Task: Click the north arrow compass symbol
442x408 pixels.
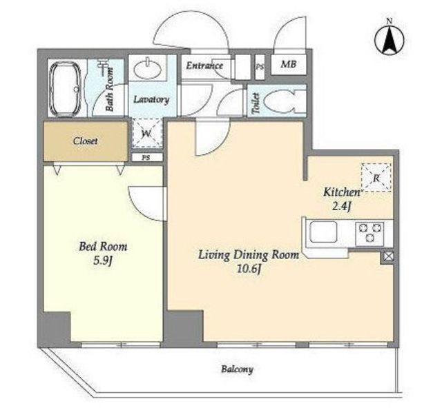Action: (390, 40)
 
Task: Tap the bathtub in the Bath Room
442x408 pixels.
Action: (65, 89)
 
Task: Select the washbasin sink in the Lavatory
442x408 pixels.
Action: (147, 68)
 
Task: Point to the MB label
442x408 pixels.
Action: (289, 64)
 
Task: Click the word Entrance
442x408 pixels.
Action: (204, 65)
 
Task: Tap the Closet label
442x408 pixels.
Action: (86, 141)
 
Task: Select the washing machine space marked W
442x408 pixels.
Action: (147, 133)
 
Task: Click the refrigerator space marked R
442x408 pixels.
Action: (376, 178)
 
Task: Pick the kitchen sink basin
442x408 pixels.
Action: (323, 232)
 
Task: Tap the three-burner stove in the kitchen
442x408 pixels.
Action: (369, 232)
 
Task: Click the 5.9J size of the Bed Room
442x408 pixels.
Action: (103, 261)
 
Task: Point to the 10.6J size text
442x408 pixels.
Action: (248, 269)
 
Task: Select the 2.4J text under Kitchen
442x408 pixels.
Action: (341, 207)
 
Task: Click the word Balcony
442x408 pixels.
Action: (237, 369)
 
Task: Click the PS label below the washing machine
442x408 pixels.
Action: (146, 158)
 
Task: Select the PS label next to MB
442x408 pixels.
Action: (260, 68)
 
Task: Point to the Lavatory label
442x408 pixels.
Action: (151, 100)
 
